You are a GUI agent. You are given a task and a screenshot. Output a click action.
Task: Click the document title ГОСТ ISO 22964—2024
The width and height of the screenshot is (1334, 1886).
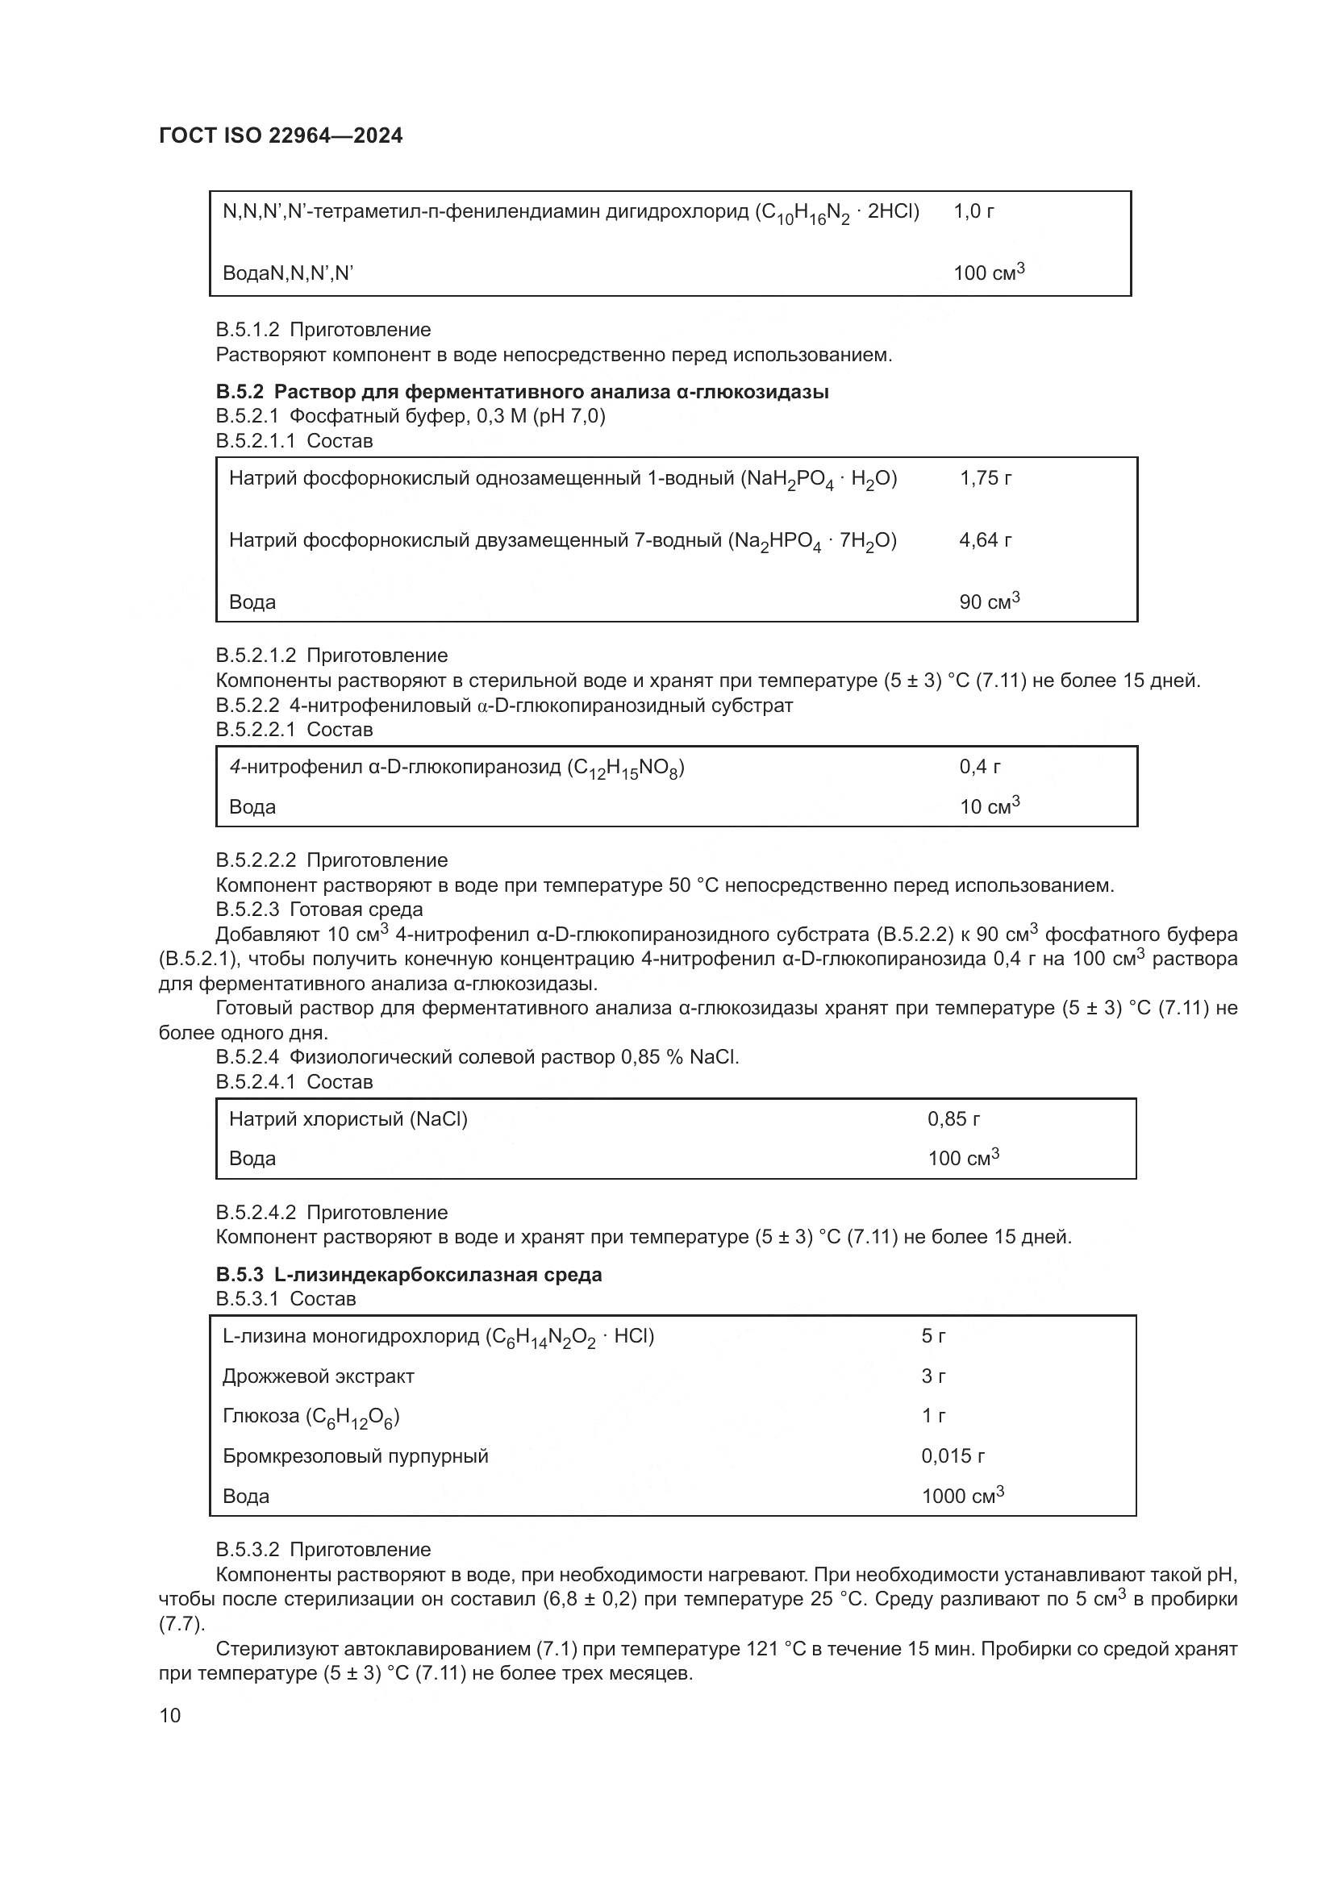coord(280,136)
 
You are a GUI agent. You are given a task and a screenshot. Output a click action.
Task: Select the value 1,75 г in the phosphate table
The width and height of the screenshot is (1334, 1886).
coord(985,478)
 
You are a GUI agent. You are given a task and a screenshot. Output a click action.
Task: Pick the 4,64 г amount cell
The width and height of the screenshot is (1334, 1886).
coord(985,540)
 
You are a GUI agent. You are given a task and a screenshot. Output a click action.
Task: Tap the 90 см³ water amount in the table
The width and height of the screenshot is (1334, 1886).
coord(989,602)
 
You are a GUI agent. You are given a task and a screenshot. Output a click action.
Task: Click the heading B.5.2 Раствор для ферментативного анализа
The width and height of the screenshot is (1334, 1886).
coord(522,392)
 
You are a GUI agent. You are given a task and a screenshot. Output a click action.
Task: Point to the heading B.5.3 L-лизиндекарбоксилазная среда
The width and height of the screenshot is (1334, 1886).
coord(408,1275)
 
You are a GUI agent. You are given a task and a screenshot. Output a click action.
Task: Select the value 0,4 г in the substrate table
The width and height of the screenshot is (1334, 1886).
coord(979,767)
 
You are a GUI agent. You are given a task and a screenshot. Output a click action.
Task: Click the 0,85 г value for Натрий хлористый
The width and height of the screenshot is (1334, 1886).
coord(953,1119)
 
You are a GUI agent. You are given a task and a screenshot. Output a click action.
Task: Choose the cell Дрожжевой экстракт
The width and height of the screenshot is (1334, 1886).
coord(318,1376)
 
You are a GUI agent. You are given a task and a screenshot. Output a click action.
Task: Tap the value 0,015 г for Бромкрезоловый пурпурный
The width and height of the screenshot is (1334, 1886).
coord(953,1456)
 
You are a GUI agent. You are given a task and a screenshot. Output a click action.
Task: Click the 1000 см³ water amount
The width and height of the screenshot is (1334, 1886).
coord(962,1496)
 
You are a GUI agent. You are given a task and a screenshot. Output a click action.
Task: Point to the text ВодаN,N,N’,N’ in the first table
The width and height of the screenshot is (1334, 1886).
coord(287,273)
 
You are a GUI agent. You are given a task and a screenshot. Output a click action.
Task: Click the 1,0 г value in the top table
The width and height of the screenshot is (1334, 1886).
coord(973,212)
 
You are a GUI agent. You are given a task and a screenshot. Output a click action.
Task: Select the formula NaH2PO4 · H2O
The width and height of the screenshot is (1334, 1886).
coord(819,480)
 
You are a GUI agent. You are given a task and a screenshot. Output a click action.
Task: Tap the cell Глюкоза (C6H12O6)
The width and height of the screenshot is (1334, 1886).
coord(311,1417)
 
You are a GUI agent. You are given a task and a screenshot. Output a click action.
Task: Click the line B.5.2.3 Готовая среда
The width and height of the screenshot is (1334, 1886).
coord(319,910)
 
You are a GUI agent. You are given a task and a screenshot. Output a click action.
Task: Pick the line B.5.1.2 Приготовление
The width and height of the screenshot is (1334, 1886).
coord(323,331)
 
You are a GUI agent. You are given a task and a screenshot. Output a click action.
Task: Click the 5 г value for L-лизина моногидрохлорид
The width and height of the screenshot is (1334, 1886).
coord(933,1336)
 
